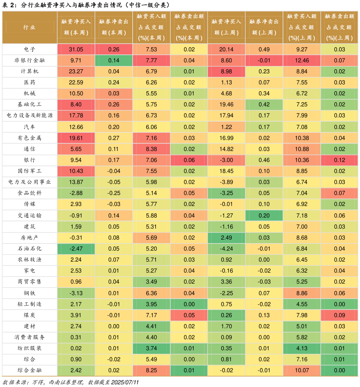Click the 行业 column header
click(30, 27)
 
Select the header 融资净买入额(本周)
click(76, 27)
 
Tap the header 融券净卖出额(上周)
click(264, 27)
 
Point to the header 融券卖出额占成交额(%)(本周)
click(189, 27)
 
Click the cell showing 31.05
click(76, 49)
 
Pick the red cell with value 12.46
click(302, 60)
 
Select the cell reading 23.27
click(76, 72)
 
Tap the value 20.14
click(226, 49)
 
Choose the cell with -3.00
click(226, 160)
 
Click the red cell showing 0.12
click(339, 160)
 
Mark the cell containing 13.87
click(76, 182)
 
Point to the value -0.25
click(114, 193)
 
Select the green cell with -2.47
click(76, 249)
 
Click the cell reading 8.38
click(151, 149)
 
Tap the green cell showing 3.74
click(151, 348)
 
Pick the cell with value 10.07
click(302, 371)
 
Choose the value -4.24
click(226, 249)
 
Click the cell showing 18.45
click(226, 171)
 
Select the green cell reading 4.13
click(302, 348)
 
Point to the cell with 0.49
click(264, 49)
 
